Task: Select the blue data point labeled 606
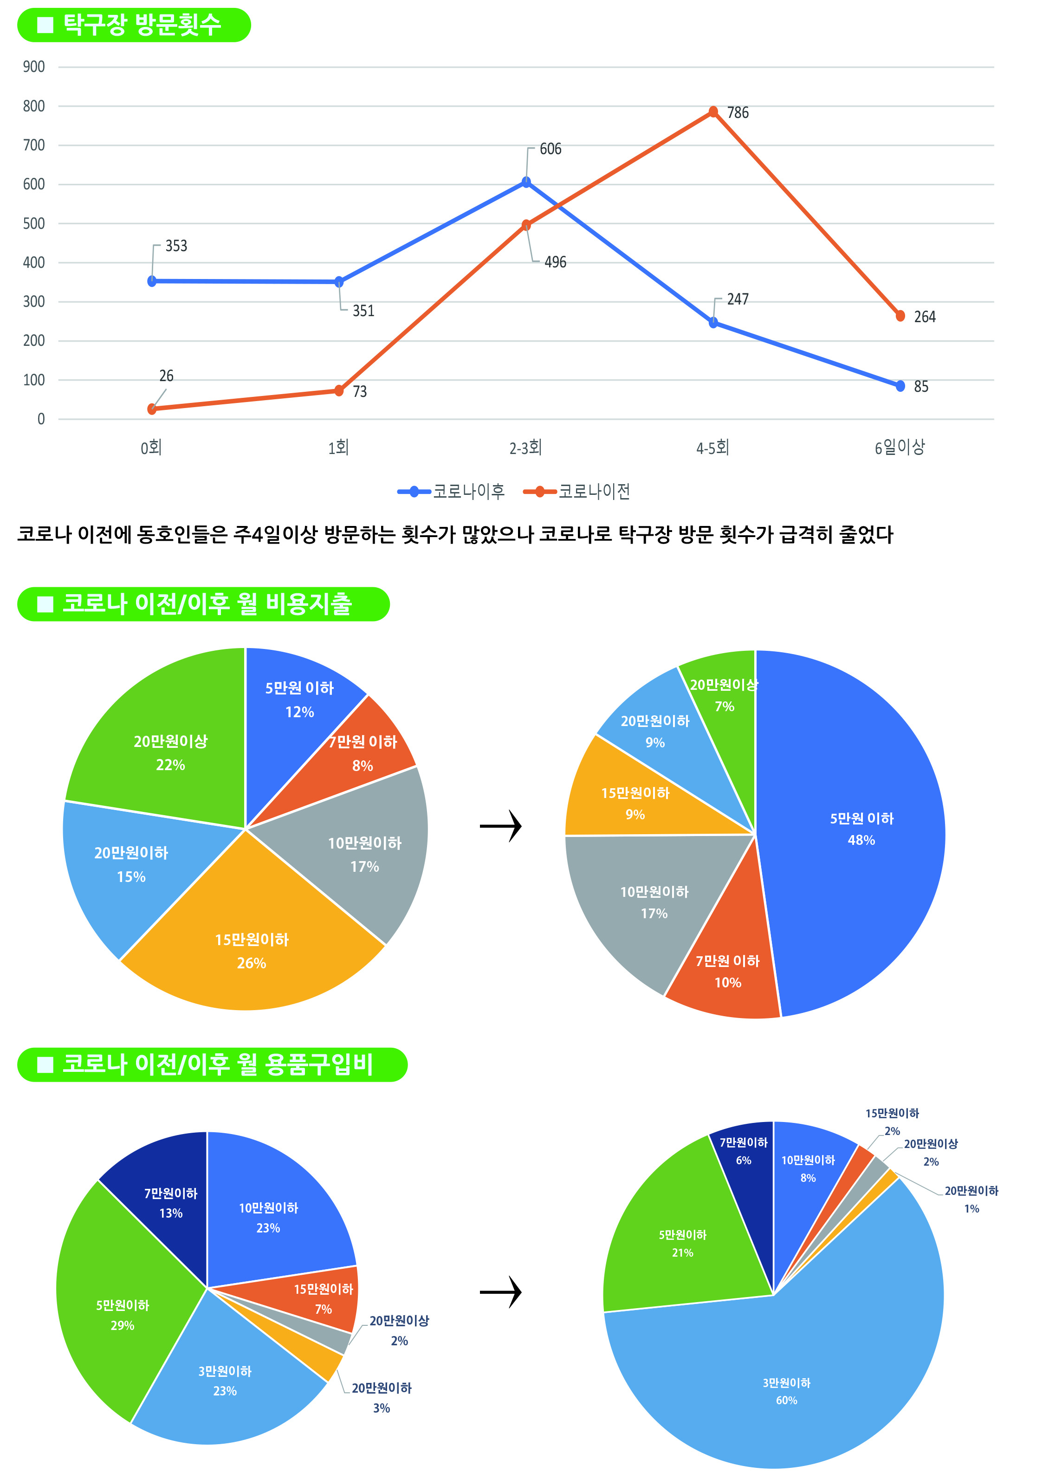[x=526, y=182]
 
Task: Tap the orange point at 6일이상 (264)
[x=900, y=316]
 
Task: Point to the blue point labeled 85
[x=900, y=386]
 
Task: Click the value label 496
[x=555, y=262]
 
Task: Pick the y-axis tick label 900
[x=33, y=66]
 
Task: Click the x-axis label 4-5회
[x=712, y=448]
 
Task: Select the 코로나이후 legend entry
[x=452, y=492]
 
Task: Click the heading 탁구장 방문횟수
[x=142, y=25]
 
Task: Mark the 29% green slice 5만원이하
[x=122, y=1314]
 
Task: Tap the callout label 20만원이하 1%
[x=971, y=1200]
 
